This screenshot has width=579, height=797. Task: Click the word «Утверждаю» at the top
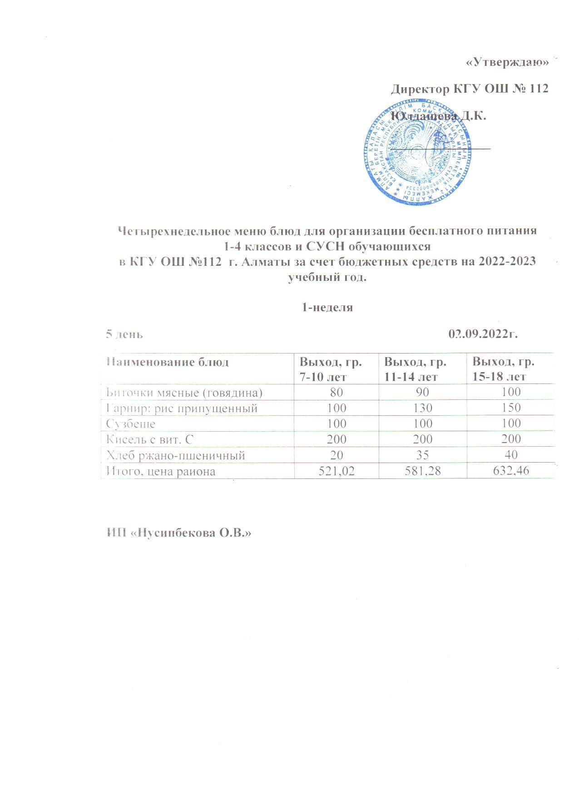(x=507, y=63)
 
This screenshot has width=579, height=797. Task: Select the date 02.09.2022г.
(x=483, y=334)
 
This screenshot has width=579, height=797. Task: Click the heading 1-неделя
(x=327, y=307)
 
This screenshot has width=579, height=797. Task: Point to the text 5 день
(x=124, y=334)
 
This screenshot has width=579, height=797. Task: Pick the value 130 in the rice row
(x=422, y=408)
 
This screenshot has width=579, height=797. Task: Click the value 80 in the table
(x=337, y=392)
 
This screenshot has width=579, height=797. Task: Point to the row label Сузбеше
(x=131, y=423)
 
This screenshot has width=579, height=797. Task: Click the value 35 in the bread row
(x=422, y=455)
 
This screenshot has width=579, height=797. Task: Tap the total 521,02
(x=337, y=471)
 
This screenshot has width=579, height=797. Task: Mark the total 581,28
(x=422, y=471)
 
